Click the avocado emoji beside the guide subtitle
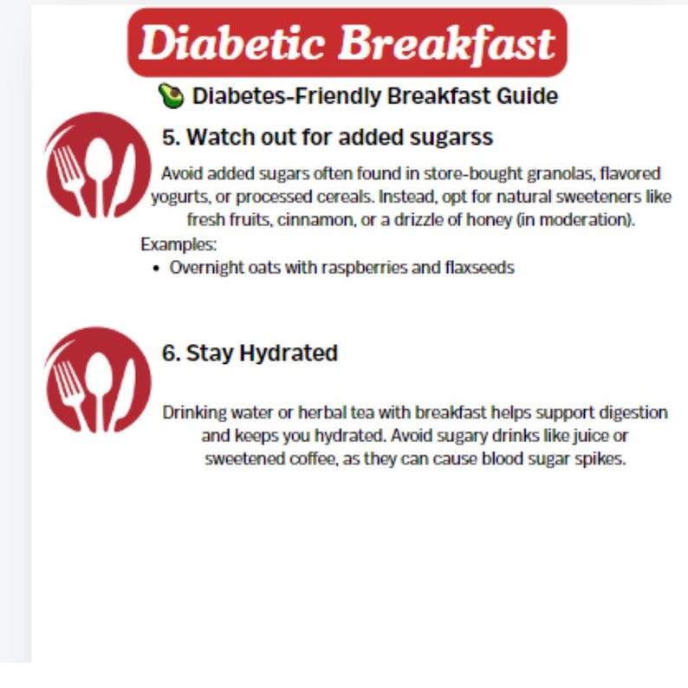tap(171, 96)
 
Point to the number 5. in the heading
tap(171, 137)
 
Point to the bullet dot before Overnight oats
tap(156, 268)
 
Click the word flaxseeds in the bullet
tap(478, 268)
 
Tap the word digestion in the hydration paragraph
tap(628, 412)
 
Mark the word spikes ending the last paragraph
tap(602, 459)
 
